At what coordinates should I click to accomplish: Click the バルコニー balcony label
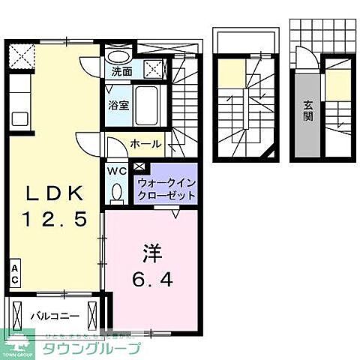(51, 315)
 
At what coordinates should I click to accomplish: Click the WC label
(117, 171)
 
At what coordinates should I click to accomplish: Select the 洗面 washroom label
(121, 73)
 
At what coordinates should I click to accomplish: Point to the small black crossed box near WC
(139, 167)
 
